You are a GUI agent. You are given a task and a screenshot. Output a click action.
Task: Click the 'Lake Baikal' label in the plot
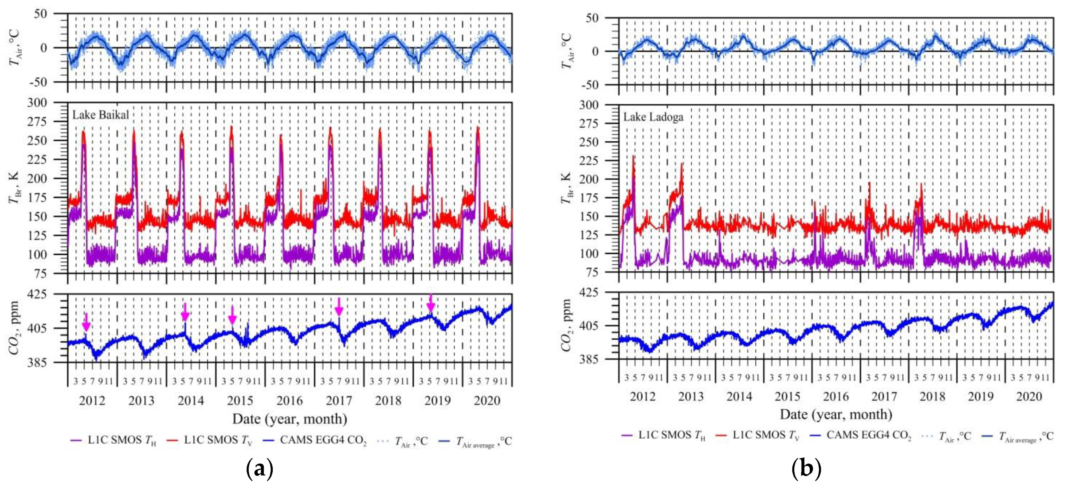pos(101,115)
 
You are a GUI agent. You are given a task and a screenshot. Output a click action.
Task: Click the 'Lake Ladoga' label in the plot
pos(653,117)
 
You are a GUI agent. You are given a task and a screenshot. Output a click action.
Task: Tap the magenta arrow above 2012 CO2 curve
pos(86,322)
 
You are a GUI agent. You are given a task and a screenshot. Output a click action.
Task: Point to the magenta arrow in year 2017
pos(339,307)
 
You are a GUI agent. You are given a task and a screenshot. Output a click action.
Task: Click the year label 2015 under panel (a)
pos(240,400)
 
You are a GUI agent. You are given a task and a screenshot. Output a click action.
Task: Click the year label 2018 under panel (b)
pos(932,396)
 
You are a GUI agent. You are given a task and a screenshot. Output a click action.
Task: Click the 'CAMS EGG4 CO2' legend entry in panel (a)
pos(315,440)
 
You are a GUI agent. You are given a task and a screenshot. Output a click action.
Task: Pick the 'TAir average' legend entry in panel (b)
pos(1018,436)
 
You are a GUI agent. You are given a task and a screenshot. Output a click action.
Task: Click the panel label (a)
pos(259,469)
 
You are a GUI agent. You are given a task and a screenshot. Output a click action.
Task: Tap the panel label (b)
pos(806,469)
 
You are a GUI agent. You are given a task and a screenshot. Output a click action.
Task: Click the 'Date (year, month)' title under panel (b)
pos(836,414)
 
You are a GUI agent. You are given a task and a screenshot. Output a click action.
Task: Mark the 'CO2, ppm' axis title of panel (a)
pos(14,328)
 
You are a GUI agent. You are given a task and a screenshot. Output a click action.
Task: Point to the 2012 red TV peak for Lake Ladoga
pos(633,157)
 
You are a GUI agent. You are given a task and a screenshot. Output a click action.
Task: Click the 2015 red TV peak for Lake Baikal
pos(231,128)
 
